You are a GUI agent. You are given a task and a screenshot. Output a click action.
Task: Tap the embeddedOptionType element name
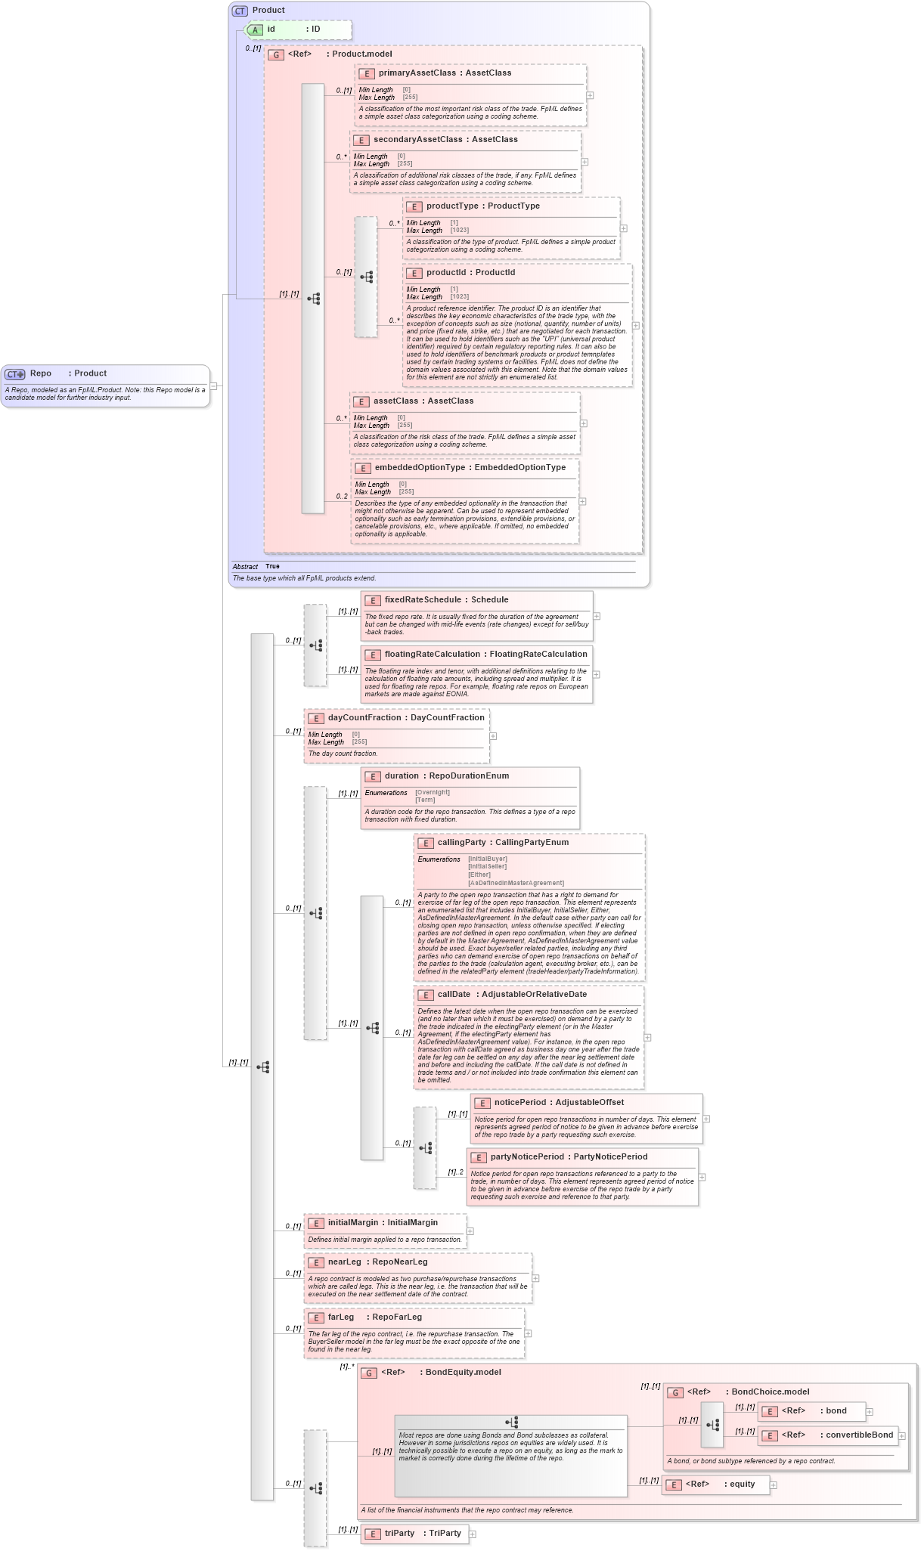tap(420, 468)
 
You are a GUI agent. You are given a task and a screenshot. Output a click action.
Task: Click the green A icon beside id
tap(256, 30)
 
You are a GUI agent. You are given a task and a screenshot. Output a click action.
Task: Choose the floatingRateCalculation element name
tap(432, 655)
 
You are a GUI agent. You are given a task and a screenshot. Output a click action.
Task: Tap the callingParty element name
tap(461, 843)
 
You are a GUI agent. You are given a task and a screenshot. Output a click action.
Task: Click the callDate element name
tap(454, 995)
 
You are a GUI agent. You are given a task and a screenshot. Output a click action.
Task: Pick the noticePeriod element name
tap(521, 1103)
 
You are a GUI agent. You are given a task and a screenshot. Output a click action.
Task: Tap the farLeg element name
tap(341, 1317)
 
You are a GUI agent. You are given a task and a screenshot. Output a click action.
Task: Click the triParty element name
tap(399, 1534)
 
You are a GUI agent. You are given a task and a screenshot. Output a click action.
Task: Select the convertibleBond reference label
tap(859, 1435)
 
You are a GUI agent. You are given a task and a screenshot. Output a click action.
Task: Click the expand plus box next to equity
tap(773, 1485)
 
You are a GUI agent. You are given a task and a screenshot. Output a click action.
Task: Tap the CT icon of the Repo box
tap(15, 374)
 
